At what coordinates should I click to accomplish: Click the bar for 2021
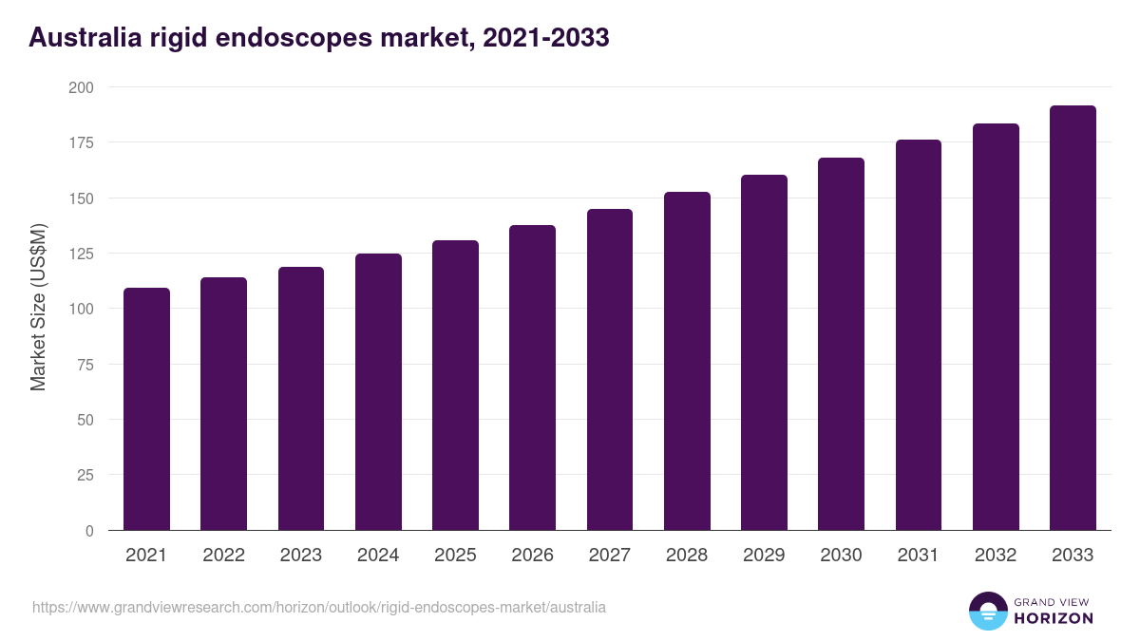pos(146,409)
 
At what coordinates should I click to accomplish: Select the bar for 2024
pos(378,392)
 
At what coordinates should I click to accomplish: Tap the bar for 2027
pos(610,370)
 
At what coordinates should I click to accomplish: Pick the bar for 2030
pos(841,345)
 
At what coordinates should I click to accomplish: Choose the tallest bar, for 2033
pos(1073,318)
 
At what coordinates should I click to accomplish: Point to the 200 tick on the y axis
pos(82,87)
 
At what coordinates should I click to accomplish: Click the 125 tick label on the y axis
pos(82,254)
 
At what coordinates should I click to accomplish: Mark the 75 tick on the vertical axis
pos(85,365)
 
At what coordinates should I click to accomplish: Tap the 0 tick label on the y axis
pos(89,531)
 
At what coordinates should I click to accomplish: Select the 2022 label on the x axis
pos(223,556)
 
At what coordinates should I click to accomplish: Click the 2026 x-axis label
pos(532,556)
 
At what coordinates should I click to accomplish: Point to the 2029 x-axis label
pos(764,556)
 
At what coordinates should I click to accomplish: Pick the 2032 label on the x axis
pos(996,556)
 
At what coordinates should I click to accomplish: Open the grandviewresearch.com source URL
pos(318,607)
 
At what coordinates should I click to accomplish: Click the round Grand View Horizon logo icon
pos(987,611)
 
